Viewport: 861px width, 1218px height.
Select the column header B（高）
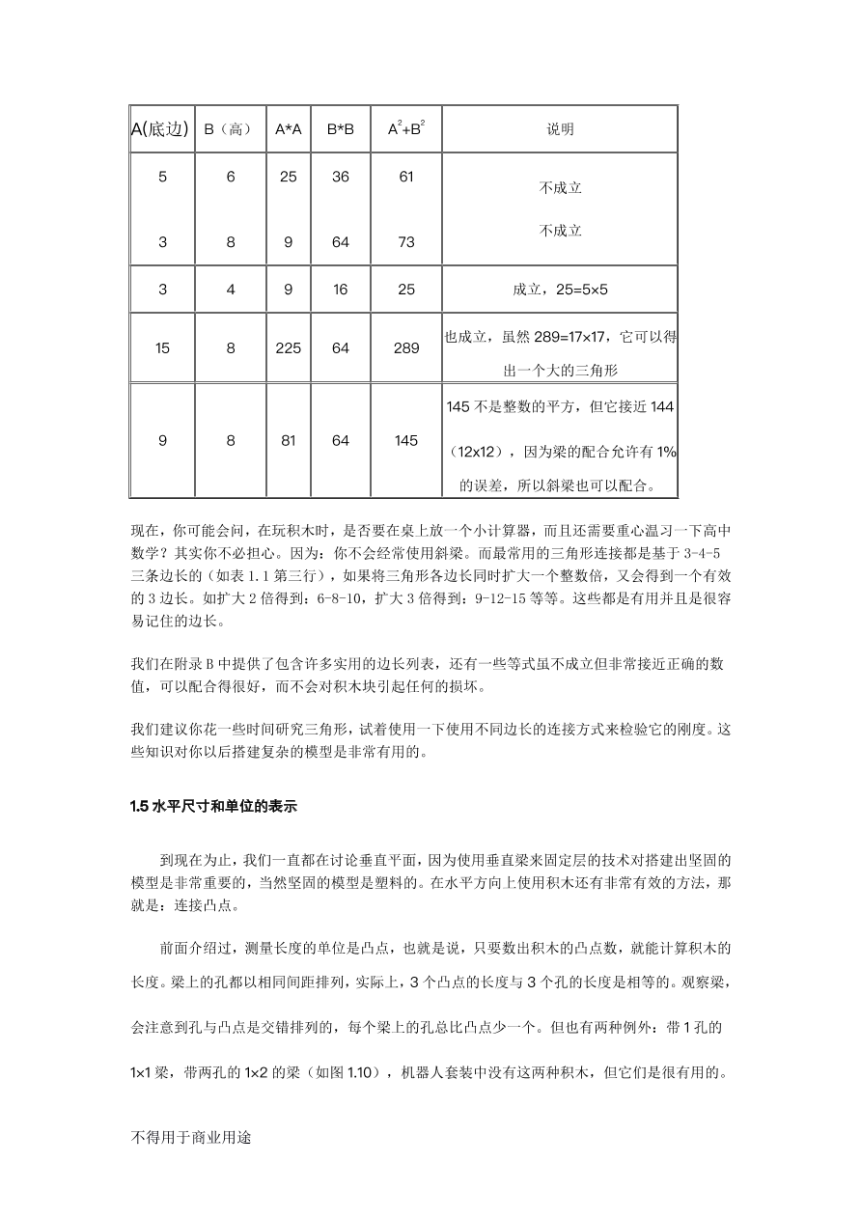tap(231, 129)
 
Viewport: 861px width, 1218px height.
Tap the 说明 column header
tap(560, 129)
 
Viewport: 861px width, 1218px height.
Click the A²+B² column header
tap(406, 129)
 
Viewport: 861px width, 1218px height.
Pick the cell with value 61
tap(406, 178)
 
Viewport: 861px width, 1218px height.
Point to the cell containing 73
tap(406, 242)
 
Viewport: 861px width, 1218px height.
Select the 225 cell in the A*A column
tap(289, 348)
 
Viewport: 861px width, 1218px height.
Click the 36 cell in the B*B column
tap(341, 178)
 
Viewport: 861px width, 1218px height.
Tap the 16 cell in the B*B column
tap(341, 289)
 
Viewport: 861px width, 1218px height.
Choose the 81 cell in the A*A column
tap(289, 441)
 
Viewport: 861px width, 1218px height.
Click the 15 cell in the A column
tap(162, 348)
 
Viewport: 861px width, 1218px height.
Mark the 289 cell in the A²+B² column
tap(406, 348)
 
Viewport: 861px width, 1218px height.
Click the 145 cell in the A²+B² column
tap(406, 441)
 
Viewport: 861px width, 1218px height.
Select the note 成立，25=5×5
tap(560, 289)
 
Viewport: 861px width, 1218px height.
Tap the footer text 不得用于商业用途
tap(190, 1137)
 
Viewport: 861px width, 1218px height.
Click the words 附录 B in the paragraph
tap(206, 665)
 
